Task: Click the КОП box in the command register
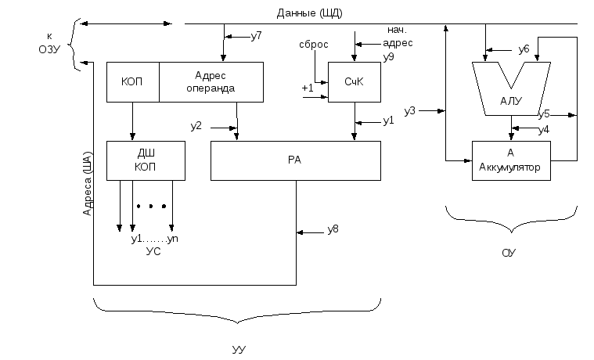pyautogui.click(x=132, y=82)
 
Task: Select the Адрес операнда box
pyautogui.click(x=211, y=82)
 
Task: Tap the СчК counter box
pyautogui.click(x=355, y=82)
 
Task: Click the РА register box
pyautogui.click(x=296, y=160)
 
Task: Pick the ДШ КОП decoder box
pyautogui.click(x=146, y=160)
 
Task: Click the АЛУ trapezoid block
pyautogui.click(x=511, y=88)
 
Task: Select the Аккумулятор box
pyautogui.click(x=511, y=160)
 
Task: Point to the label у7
pyautogui.click(x=257, y=36)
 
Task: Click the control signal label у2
pyautogui.click(x=196, y=126)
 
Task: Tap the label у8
pyautogui.click(x=333, y=229)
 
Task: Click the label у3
pyautogui.click(x=410, y=111)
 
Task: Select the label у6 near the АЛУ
pyautogui.click(x=524, y=49)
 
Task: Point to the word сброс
pyautogui.click(x=314, y=45)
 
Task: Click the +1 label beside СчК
pyautogui.click(x=308, y=88)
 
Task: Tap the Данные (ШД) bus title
pyautogui.click(x=309, y=13)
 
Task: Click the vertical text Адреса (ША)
pyautogui.click(x=87, y=184)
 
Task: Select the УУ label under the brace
pyautogui.click(x=239, y=349)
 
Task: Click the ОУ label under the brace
pyautogui.click(x=509, y=253)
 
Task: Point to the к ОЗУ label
pyautogui.click(x=49, y=43)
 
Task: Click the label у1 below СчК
pyautogui.click(x=389, y=121)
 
